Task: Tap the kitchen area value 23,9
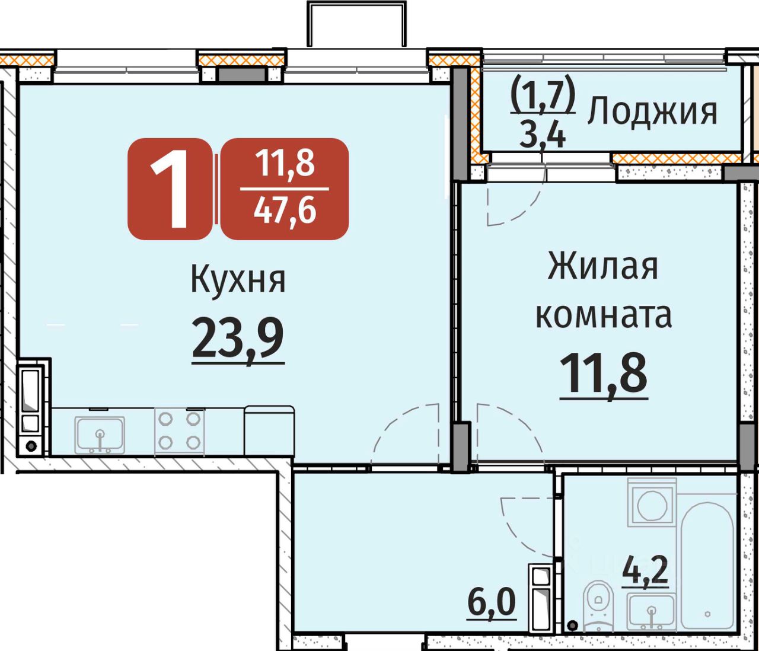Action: (238, 339)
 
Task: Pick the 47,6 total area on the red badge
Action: (285, 212)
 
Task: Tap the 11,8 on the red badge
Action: (285, 164)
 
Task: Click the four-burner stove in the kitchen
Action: (179, 430)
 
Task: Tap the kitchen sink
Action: (100, 435)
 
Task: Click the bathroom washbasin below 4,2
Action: (651, 612)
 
